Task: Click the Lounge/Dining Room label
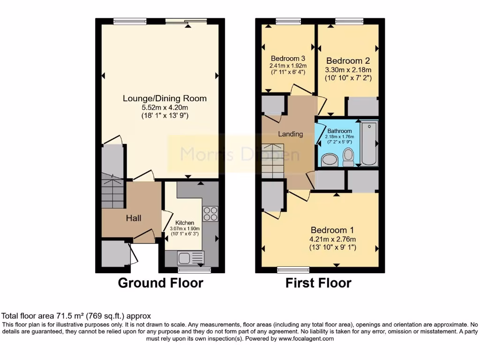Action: pyautogui.click(x=165, y=98)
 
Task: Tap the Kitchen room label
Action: pyautogui.click(x=185, y=223)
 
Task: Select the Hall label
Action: pyautogui.click(x=134, y=218)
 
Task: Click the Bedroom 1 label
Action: pyautogui.click(x=332, y=230)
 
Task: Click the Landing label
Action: pyautogui.click(x=291, y=134)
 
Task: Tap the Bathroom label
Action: pyautogui.click(x=339, y=131)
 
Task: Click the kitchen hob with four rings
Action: pyautogui.click(x=210, y=214)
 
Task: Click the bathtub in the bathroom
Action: pyautogui.click(x=369, y=143)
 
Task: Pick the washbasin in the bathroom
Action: pyautogui.click(x=330, y=159)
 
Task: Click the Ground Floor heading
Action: pyautogui.click(x=160, y=283)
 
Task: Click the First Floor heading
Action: pyautogui.click(x=318, y=283)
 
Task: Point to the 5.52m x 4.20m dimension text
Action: pyautogui.click(x=165, y=107)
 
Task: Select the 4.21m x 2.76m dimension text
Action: pyautogui.click(x=332, y=239)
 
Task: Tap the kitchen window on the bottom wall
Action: pyautogui.click(x=194, y=270)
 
